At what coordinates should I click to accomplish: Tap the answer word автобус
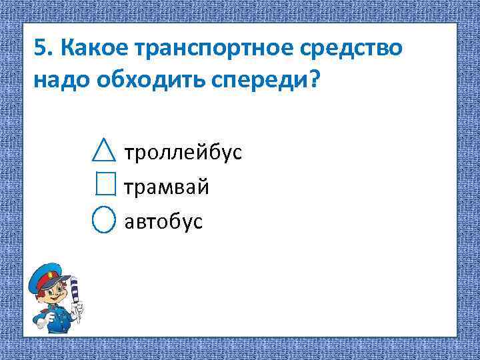click(x=163, y=221)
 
